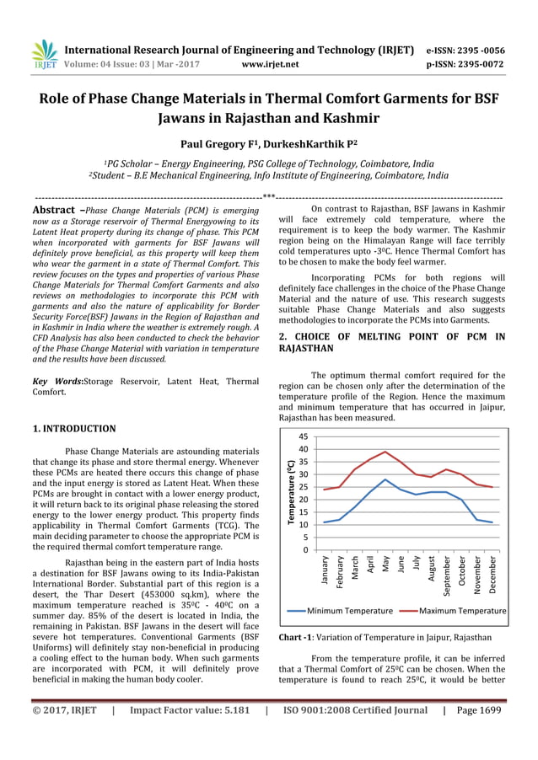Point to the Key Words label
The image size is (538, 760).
[58, 382]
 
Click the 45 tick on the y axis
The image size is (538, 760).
[303, 436]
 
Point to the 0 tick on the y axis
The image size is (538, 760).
[305, 550]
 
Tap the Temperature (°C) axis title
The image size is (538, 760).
[290, 493]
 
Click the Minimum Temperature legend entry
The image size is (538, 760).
[349, 610]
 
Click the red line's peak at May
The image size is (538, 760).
[385, 452]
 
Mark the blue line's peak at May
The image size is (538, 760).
[385, 479]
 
